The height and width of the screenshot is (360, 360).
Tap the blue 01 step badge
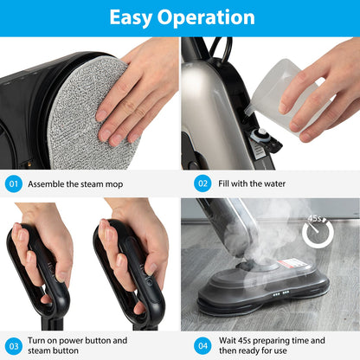[13, 183]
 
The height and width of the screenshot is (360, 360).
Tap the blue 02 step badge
[202, 183]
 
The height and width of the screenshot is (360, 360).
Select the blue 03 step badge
[13, 345]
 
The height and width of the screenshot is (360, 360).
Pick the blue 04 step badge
[202, 345]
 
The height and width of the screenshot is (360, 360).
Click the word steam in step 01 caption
[100, 183]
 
